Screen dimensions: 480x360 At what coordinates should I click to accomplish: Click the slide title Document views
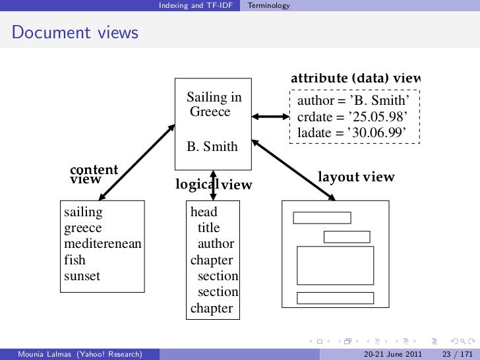tap(75, 32)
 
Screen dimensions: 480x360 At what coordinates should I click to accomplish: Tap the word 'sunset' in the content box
tap(82, 276)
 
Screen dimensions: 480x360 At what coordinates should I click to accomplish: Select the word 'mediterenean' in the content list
tap(102, 245)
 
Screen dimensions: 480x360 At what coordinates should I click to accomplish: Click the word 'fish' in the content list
tap(75, 260)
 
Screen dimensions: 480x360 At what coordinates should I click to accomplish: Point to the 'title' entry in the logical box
tap(208, 228)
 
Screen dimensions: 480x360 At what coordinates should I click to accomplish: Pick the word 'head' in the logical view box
tap(204, 212)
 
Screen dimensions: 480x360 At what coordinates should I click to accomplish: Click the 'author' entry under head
tap(216, 244)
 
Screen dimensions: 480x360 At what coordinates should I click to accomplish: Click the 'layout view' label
tap(356, 177)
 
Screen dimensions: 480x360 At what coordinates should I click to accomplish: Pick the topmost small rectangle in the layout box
tap(322, 218)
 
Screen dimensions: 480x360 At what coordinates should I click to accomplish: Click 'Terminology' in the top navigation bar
tap(268, 5)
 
